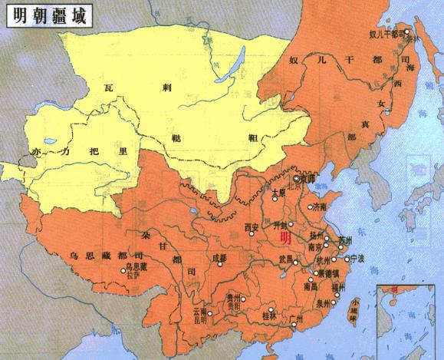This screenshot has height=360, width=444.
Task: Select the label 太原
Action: (x=278, y=193)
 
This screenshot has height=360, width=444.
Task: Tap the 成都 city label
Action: (x=221, y=258)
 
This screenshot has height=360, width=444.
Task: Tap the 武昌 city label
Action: (x=287, y=258)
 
